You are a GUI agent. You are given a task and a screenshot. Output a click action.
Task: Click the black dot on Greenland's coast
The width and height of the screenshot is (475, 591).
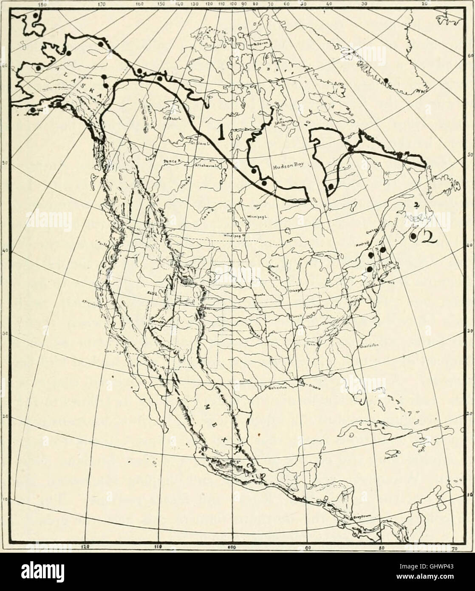point(386,80)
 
